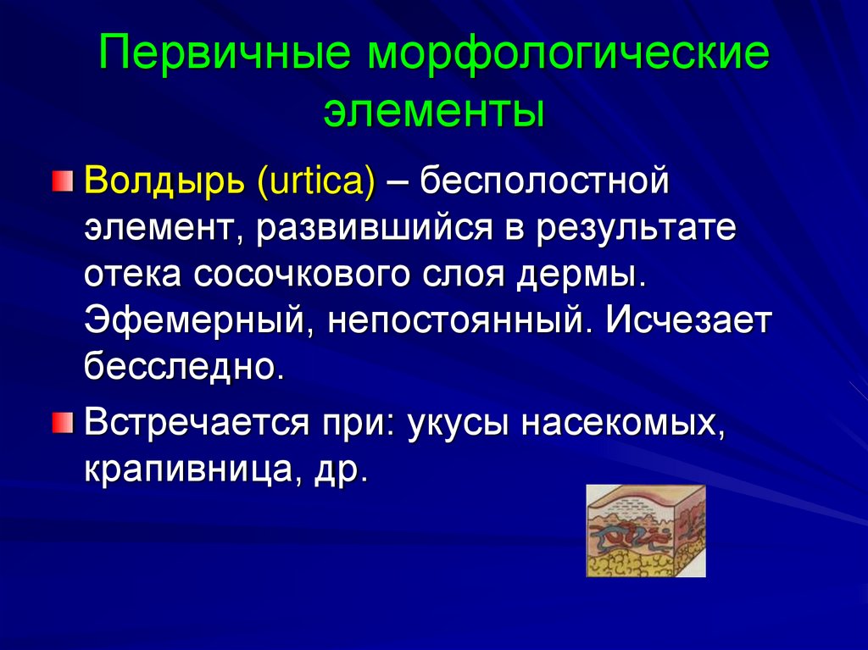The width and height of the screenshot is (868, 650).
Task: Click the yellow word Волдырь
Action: pyautogui.click(x=164, y=182)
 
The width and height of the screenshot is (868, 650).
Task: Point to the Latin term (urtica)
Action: pyautogui.click(x=315, y=182)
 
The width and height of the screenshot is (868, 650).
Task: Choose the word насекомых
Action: pyautogui.click(x=622, y=421)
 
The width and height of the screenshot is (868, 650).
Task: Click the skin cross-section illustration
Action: pyautogui.click(x=645, y=531)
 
